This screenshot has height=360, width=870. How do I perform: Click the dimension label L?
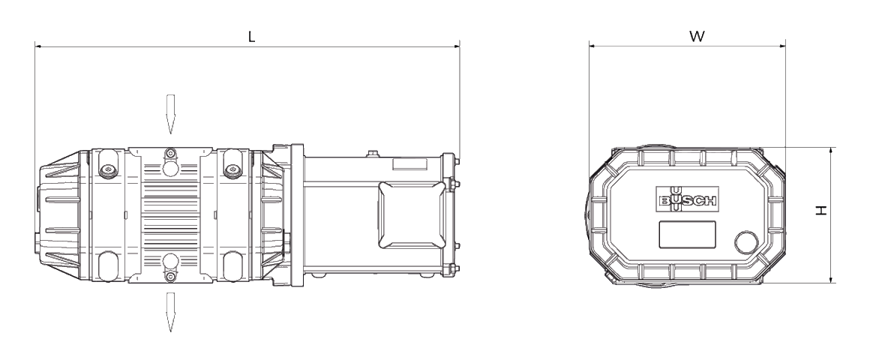tap(251, 37)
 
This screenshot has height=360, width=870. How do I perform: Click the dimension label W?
tap(697, 37)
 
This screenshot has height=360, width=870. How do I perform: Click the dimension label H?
tap(821, 210)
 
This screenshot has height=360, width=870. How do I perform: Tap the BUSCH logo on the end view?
tap(688, 199)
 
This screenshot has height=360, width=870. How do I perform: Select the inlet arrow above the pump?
tap(170, 114)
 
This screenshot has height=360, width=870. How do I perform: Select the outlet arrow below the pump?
tap(170, 312)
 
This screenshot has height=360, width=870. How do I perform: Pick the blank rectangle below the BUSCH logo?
tap(687, 233)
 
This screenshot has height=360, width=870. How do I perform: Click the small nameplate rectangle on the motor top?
tap(409, 164)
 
